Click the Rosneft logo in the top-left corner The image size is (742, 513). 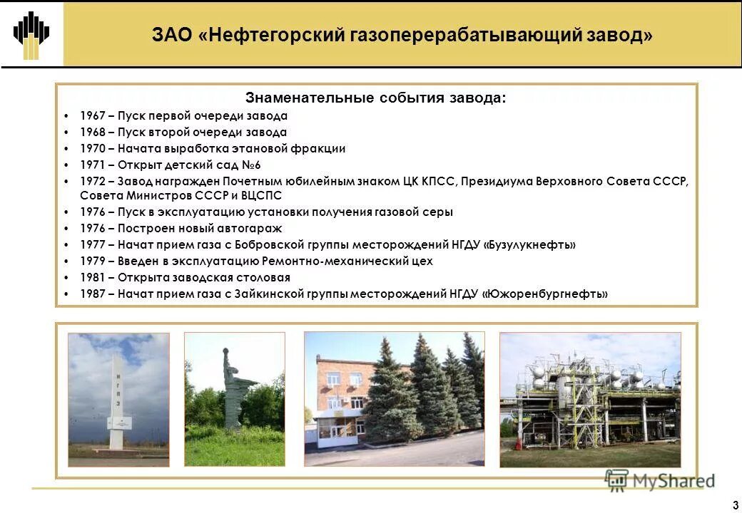pos(31,33)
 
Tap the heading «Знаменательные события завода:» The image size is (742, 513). pos(376,98)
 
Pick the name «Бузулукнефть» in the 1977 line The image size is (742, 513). pos(530,245)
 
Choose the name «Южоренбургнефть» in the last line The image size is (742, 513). pos(545,294)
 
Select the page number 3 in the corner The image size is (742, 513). pos(735,507)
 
